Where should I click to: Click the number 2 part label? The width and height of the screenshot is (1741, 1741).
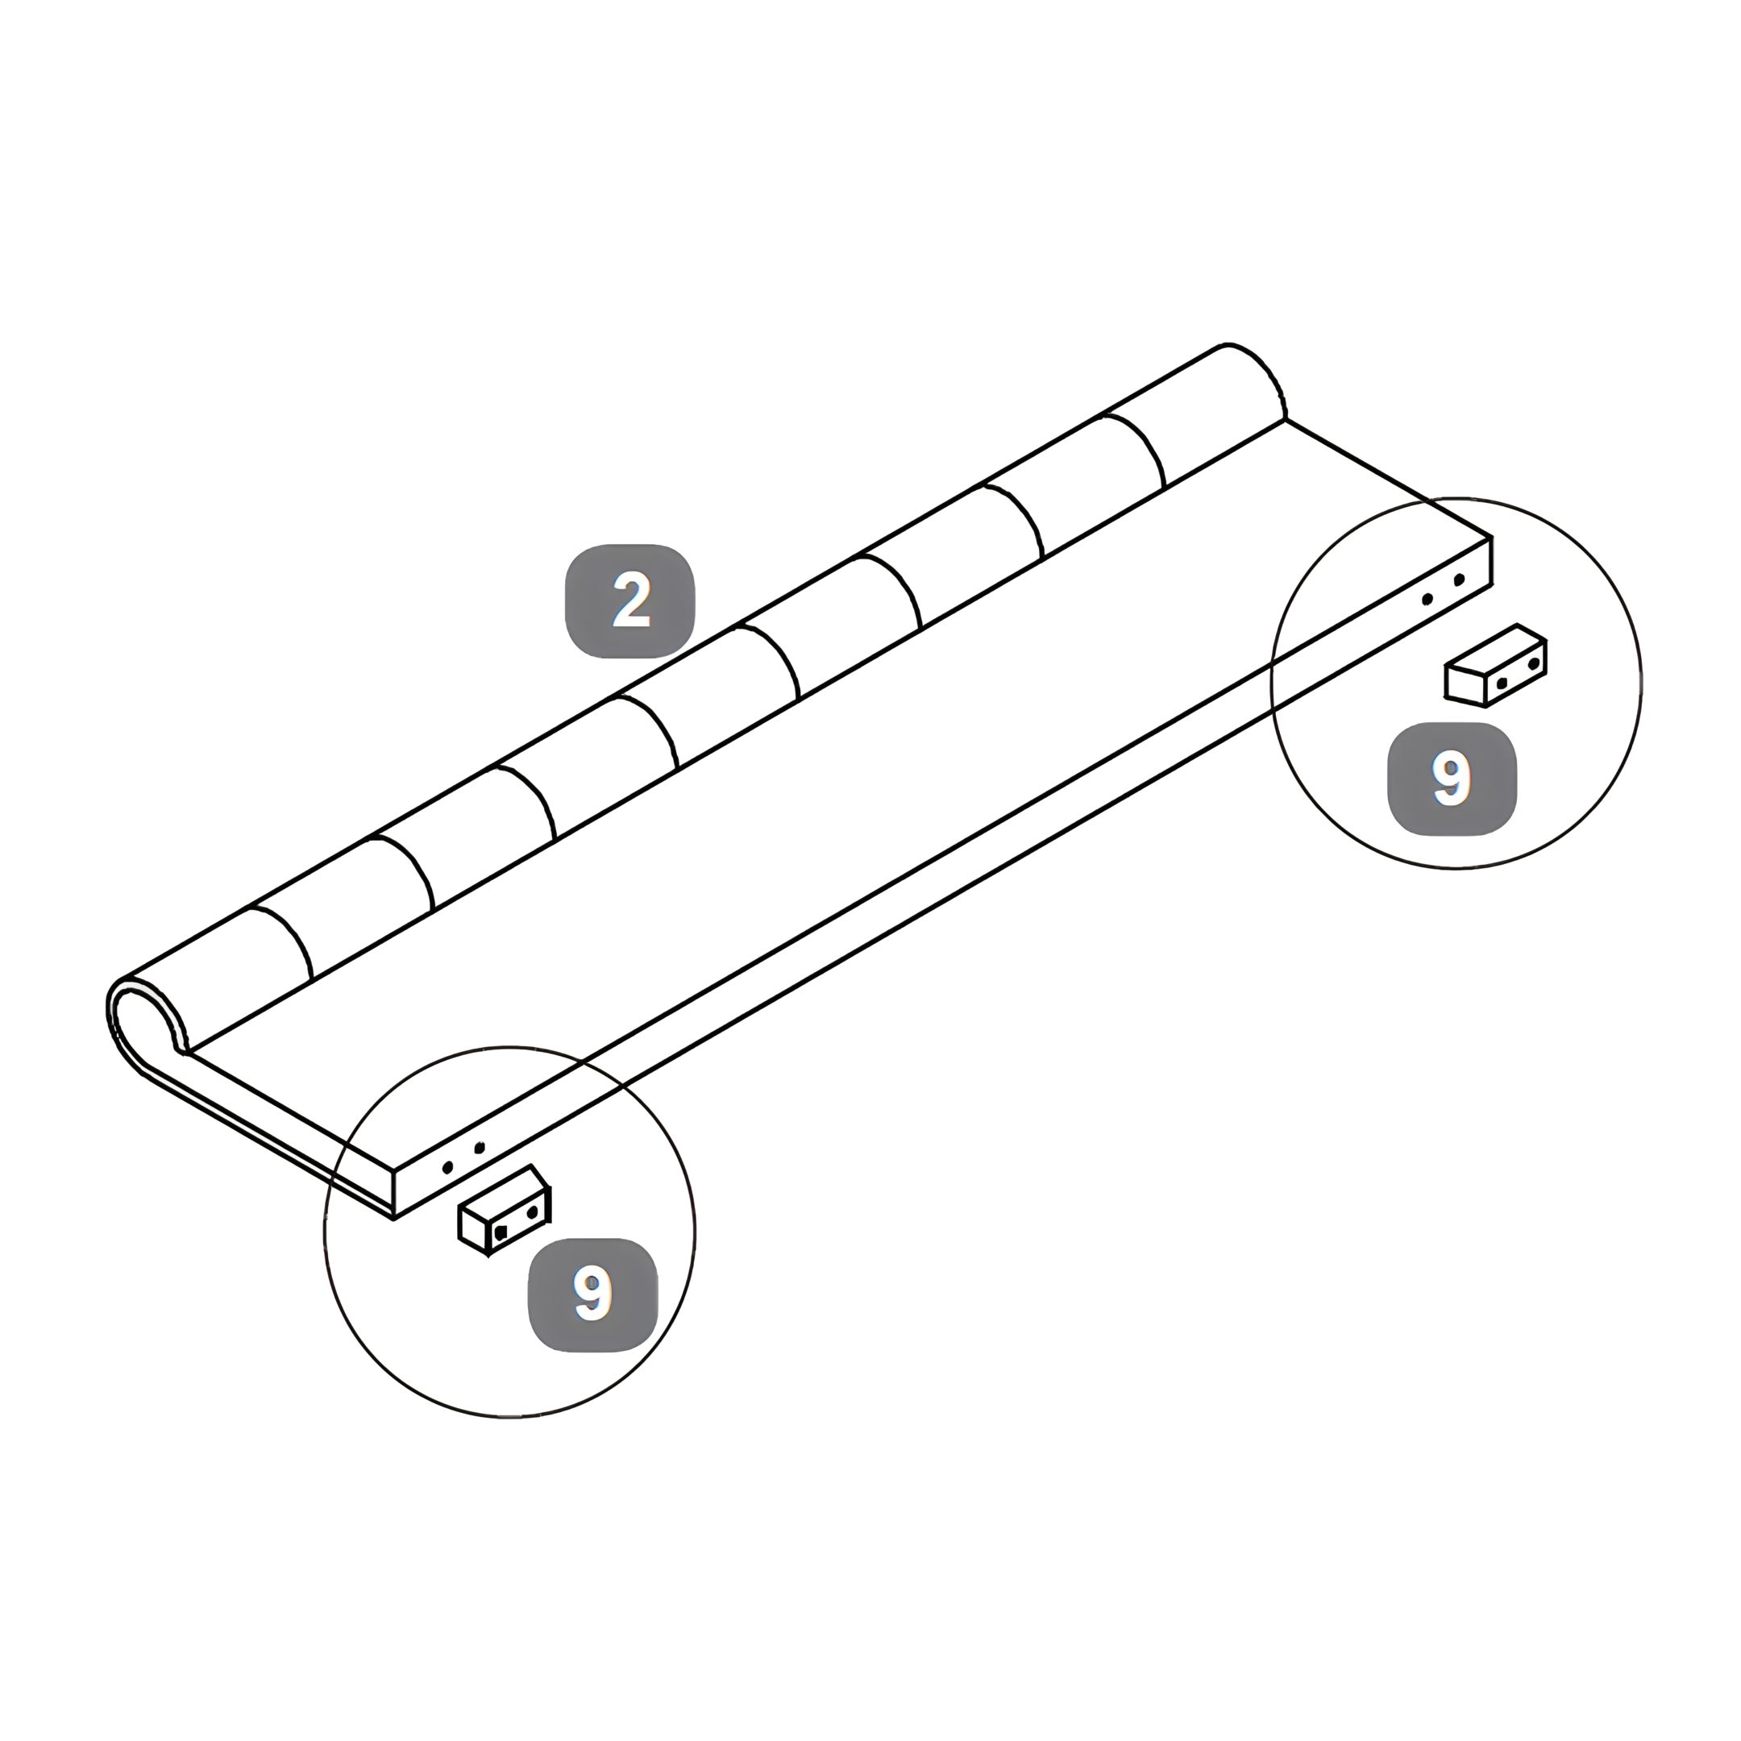[630, 601]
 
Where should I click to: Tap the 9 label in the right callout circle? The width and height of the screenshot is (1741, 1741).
[1452, 779]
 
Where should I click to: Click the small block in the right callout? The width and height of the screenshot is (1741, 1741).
[1496, 665]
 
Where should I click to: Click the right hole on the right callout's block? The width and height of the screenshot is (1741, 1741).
[1534, 665]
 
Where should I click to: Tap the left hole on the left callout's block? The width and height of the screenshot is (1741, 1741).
[501, 1232]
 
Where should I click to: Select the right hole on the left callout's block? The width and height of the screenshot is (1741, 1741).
[533, 1213]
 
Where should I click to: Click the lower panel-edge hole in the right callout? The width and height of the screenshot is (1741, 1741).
[1427, 599]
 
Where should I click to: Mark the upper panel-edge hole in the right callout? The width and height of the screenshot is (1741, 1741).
[1459, 580]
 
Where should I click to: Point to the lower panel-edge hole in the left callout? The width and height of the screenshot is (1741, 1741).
[448, 1168]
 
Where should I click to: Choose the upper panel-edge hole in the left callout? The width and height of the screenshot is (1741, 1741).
[480, 1147]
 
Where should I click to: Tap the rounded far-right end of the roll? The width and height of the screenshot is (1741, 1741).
[1257, 379]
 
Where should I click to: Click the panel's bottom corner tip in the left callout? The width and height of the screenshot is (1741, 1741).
[394, 1220]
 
